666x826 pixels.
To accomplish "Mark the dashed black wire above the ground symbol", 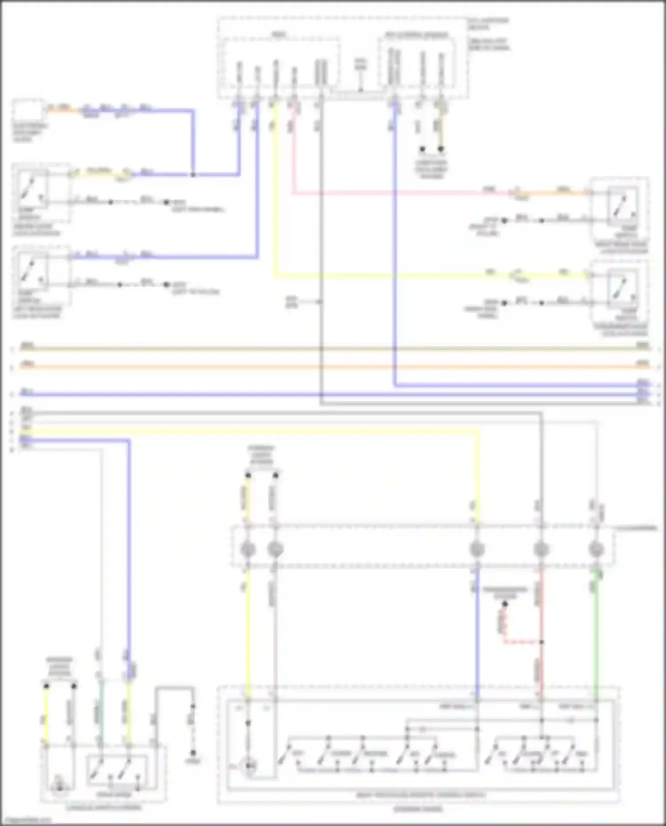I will click(193, 730).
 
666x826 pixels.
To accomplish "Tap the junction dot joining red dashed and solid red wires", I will click(541, 642).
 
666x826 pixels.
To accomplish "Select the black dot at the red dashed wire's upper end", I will click(505, 604).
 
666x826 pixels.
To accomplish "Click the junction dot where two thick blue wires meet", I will click(193, 175).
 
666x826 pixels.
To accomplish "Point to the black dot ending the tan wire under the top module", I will click(441, 149).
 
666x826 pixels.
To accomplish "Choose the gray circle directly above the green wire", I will click(596, 549).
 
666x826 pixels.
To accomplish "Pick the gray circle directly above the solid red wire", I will click(541, 549).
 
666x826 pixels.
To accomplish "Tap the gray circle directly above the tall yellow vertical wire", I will click(248, 549).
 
